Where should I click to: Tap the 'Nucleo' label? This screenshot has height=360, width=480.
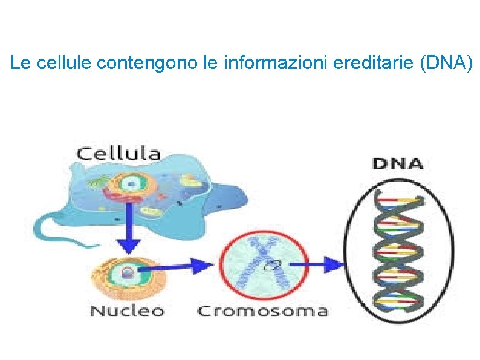(x=127, y=311)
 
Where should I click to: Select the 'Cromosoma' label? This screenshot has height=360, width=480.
(x=262, y=312)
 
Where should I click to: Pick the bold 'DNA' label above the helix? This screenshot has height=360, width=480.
(x=397, y=163)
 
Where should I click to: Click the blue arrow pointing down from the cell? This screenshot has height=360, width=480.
(x=128, y=235)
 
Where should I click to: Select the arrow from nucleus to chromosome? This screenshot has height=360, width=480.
(x=178, y=265)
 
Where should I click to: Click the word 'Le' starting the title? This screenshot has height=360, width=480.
(x=19, y=62)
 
